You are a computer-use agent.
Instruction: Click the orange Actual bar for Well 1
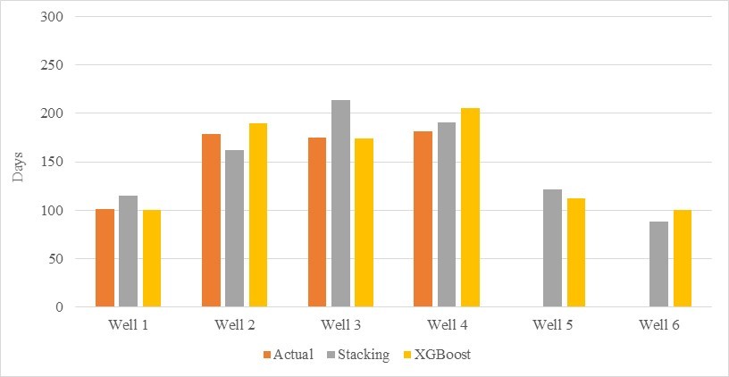click(x=105, y=258)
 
